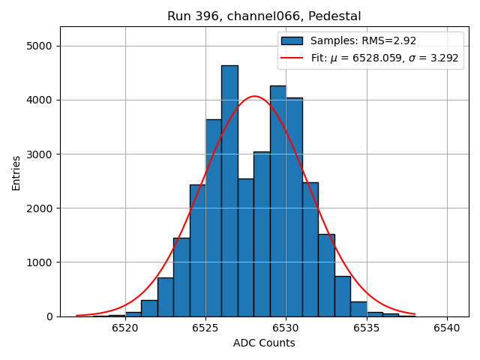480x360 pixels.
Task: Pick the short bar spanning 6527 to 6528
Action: pyautogui.click(x=245, y=247)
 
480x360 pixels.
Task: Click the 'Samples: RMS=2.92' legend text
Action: pyautogui.click(x=363, y=40)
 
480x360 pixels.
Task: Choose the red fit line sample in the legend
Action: pyautogui.click(x=292, y=58)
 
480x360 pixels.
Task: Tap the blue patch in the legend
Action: pyautogui.click(x=292, y=40)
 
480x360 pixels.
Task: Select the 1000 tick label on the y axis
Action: pyautogui.click(x=40, y=262)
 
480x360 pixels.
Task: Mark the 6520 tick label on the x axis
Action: pyautogui.click(x=125, y=328)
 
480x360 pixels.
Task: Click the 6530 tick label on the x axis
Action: pyautogui.click(x=286, y=328)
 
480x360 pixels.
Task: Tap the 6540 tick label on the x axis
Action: pyautogui.click(x=447, y=328)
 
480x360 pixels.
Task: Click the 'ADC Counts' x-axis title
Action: pyautogui.click(x=264, y=343)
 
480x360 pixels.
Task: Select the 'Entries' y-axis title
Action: pyautogui.click(x=16, y=172)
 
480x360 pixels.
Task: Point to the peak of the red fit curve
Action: pyautogui.click(x=255, y=96)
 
